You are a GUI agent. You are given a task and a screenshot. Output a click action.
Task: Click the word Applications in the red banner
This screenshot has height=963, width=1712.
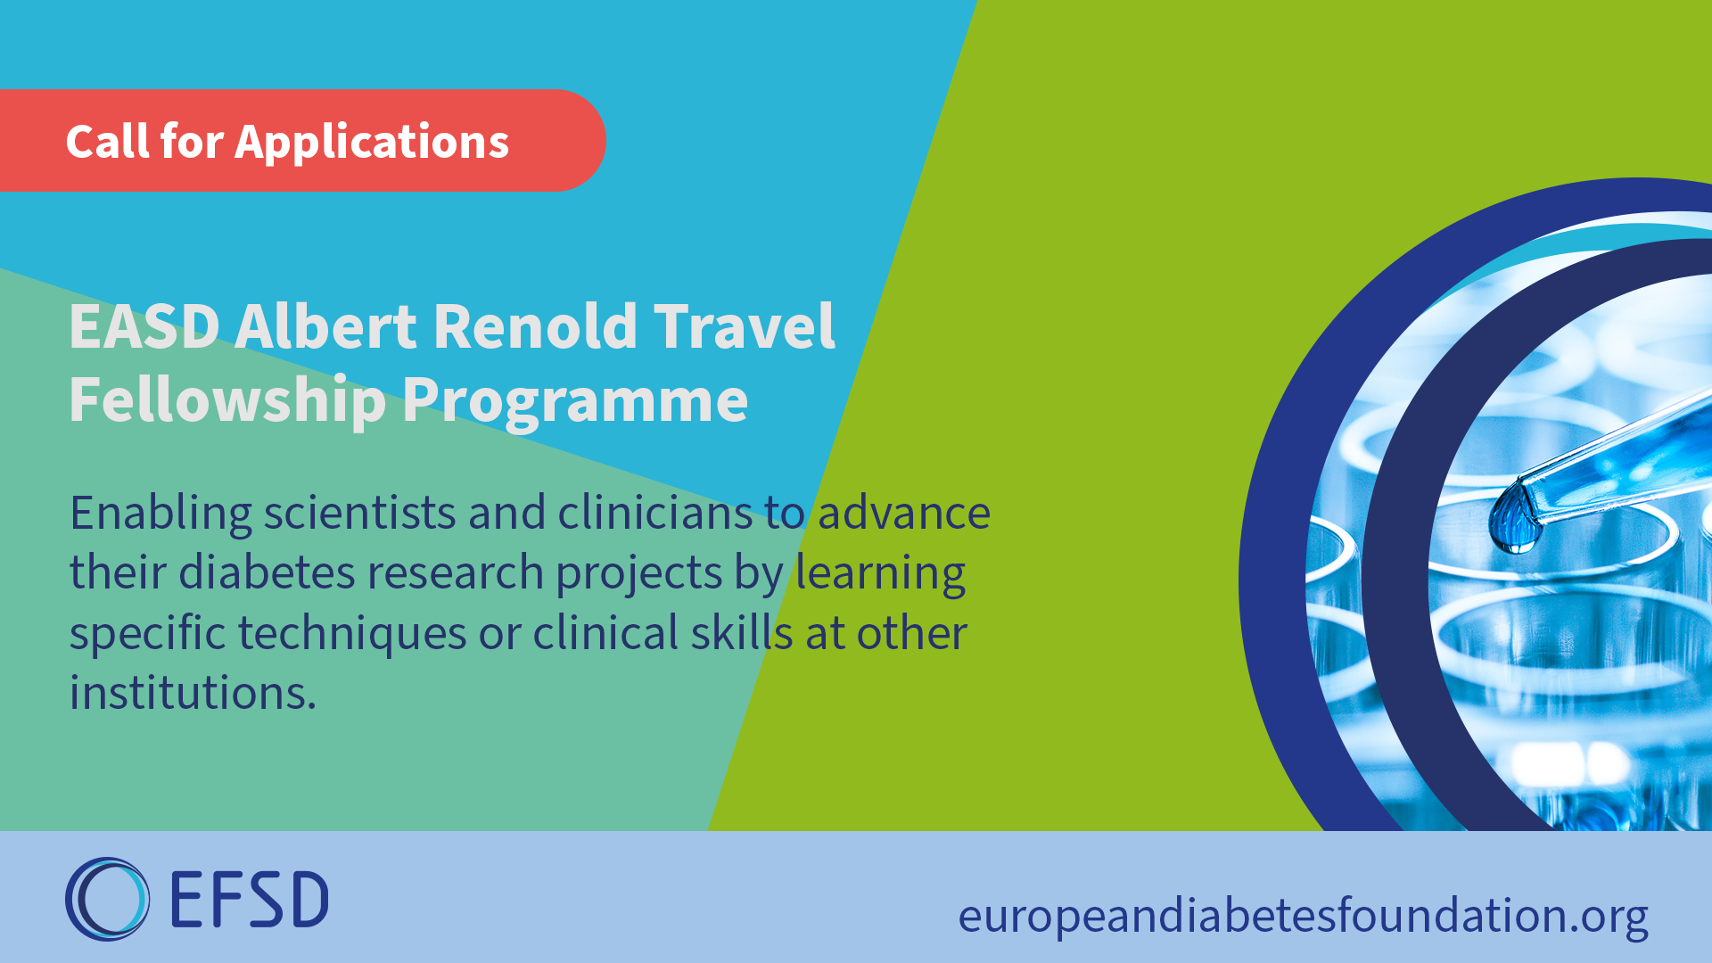tap(372, 143)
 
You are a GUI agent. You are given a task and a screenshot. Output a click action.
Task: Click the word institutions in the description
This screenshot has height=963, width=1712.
tap(193, 693)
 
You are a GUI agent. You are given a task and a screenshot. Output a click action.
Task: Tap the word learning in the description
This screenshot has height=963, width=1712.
tap(881, 574)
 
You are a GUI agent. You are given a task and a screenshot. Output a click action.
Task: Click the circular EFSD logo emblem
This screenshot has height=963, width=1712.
tap(107, 899)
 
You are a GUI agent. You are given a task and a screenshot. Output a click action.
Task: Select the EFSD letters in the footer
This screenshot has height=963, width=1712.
tap(249, 900)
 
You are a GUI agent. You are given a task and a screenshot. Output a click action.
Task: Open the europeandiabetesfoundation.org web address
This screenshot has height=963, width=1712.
tap(1304, 917)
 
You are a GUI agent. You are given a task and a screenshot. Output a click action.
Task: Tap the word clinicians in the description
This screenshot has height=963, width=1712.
tap(655, 514)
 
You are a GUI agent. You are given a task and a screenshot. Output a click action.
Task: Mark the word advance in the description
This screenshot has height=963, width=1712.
tap(904, 514)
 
